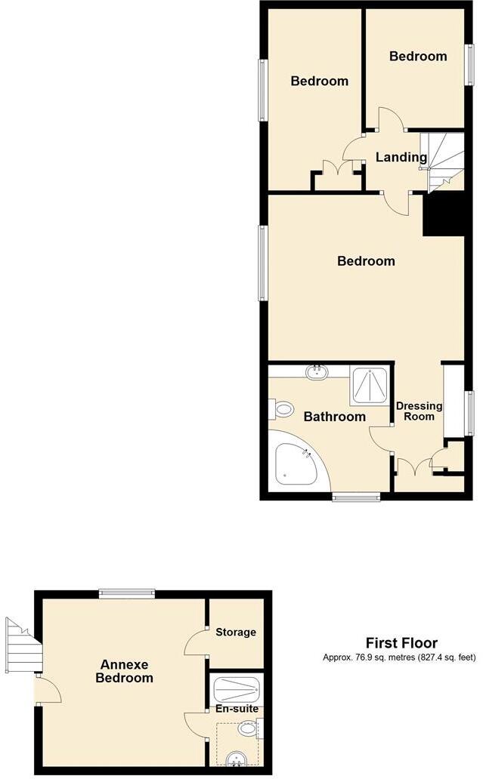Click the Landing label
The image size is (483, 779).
click(401, 158)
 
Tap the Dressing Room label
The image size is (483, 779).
click(420, 411)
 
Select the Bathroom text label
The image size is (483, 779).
click(334, 417)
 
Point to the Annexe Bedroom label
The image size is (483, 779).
click(124, 671)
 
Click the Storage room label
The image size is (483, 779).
click(236, 632)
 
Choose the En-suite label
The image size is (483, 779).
click(237, 709)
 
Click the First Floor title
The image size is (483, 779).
click(401, 643)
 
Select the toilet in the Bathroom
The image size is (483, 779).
click(282, 410)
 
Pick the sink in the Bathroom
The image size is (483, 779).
click(316, 371)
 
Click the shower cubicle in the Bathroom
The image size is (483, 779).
click(370, 386)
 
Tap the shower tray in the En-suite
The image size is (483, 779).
click(237, 688)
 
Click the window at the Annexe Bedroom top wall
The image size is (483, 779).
click(126, 594)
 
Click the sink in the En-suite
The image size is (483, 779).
click(236, 757)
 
